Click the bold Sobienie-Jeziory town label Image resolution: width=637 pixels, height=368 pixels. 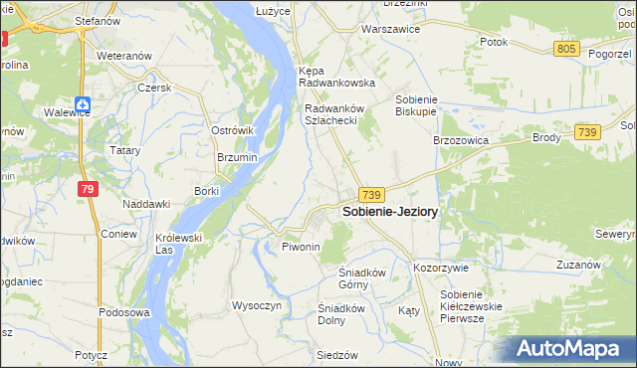point(390,212)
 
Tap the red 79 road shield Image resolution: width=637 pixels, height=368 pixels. point(89,189)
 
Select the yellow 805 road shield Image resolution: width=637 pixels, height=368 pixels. point(567,49)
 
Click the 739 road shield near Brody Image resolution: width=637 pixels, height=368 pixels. point(586,132)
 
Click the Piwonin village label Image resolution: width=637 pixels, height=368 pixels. point(301,246)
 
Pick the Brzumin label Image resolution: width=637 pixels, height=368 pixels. point(237,157)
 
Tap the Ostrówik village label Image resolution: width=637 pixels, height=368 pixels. point(234,131)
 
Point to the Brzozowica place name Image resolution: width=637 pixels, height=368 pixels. point(460,141)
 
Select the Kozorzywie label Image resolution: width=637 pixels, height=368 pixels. point(441,269)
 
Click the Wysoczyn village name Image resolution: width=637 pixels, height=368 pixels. point(258,305)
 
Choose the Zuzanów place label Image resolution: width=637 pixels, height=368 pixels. point(577,266)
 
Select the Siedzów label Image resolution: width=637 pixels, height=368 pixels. point(335,355)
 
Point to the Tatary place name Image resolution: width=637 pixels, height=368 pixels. point(125,150)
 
